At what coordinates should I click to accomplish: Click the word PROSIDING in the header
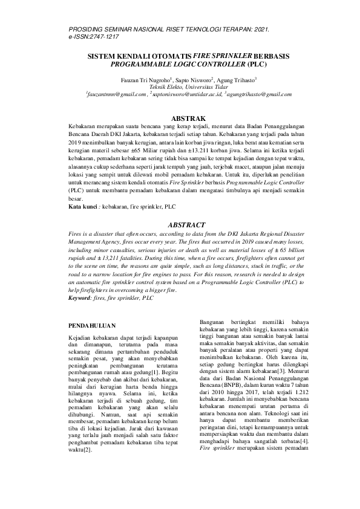[x=87, y=28]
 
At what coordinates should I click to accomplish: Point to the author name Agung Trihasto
[x=238, y=79]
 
